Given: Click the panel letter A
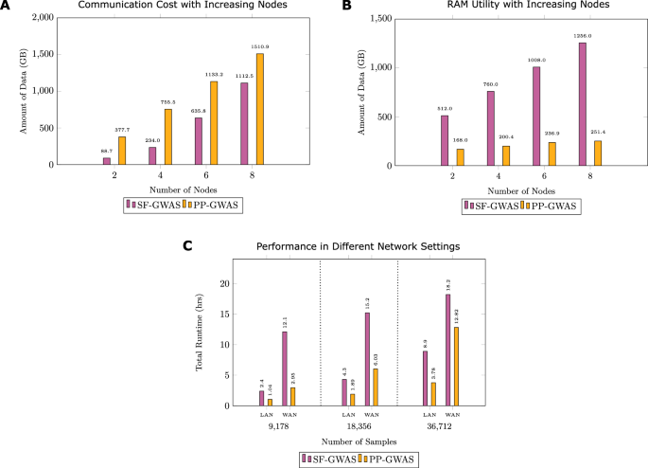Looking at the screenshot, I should click(8, 7).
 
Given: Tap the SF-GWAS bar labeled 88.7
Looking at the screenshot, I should click(107, 161).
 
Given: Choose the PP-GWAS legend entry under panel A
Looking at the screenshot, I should click(206, 204).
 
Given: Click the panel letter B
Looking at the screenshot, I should click(347, 7).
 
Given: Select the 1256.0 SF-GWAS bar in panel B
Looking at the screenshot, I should click(583, 105).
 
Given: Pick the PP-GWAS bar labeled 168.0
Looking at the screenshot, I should click(461, 157).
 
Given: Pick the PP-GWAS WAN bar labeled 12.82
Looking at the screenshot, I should click(456, 366).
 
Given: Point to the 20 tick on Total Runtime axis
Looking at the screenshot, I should click(224, 283).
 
